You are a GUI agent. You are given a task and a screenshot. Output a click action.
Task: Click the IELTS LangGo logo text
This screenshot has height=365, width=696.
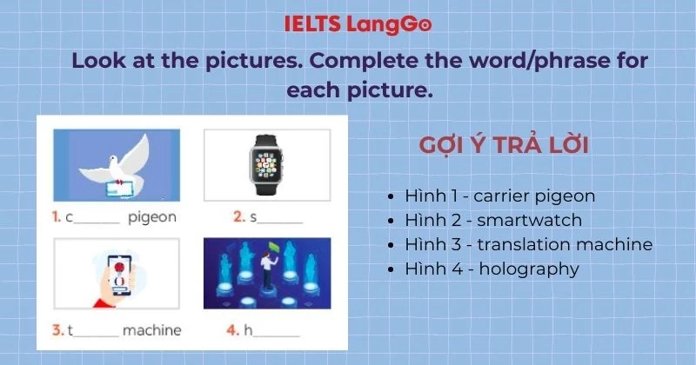358,24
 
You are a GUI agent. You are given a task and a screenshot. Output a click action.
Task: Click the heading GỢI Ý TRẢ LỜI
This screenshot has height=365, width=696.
504,145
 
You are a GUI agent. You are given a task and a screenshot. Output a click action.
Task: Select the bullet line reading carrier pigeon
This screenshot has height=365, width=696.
512,196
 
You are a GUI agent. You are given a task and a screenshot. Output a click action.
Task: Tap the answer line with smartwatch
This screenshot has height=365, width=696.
505,220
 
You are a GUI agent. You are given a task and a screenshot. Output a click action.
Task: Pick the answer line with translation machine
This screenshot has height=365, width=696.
528,244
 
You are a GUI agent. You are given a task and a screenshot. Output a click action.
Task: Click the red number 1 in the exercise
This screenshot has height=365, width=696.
57,217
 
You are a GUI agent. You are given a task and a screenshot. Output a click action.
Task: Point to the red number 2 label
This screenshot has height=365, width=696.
238,217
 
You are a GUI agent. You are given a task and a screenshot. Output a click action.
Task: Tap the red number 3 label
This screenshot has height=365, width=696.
57,330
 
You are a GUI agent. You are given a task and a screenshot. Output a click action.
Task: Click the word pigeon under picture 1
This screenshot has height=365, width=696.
152,217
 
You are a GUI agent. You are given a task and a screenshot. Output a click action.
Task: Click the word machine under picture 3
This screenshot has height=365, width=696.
151,330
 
